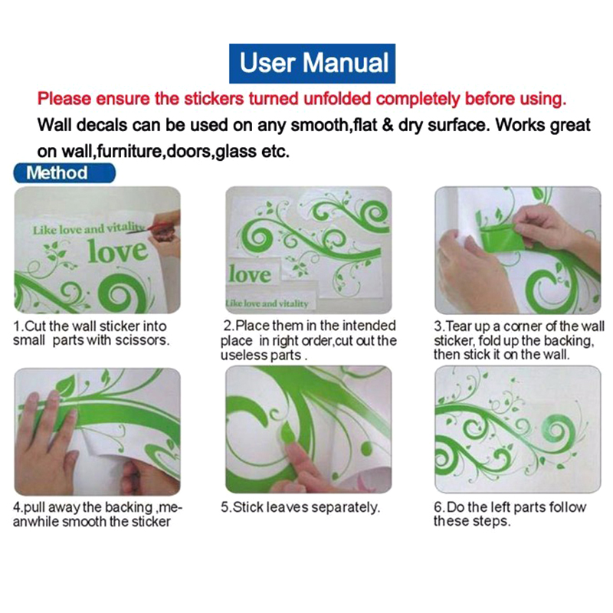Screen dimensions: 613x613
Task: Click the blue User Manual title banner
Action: click(312, 64)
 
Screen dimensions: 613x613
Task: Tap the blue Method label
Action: click(64, 173)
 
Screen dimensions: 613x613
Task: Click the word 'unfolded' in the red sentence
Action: click(337, 99)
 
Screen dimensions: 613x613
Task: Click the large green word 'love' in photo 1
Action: click(118, 251)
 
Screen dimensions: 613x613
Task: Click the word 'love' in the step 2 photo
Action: click(251, 274)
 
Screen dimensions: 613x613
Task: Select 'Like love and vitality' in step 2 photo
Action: click(267, 303)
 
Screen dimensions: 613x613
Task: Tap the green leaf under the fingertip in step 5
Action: click(288, 433)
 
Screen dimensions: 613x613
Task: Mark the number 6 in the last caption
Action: click(438, 507)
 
